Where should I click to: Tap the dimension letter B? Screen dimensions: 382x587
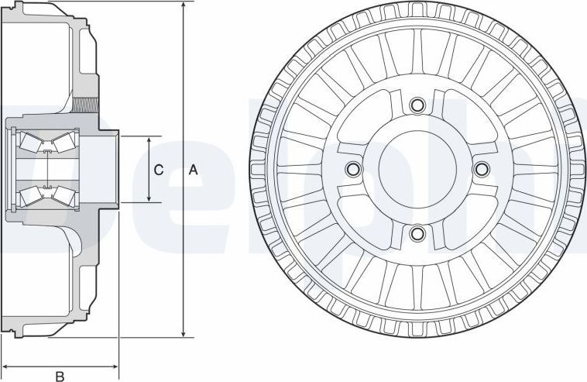[59, 377]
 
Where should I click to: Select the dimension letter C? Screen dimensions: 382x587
[159, 170]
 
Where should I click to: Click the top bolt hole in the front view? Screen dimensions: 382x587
[417, 105]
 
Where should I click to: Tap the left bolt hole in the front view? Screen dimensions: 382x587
[354, 169]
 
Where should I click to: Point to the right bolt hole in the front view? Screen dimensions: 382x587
[481, 169]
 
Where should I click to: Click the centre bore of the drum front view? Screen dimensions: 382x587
[417, 169]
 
